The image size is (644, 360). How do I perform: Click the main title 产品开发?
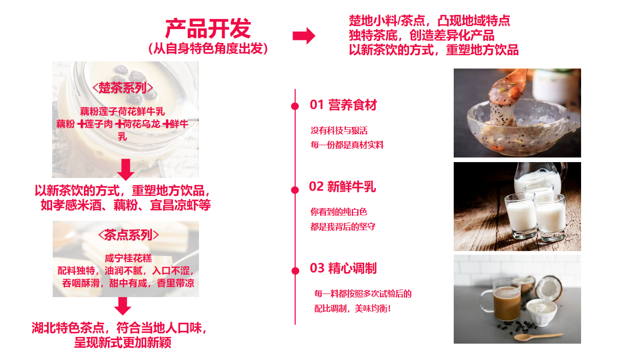click(208, 29)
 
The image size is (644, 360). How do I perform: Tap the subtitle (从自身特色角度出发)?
click(208, 49)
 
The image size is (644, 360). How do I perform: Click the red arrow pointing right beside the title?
click(304, 36)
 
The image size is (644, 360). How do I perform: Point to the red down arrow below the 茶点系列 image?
click(123, 306)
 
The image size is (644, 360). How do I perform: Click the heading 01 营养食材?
click(343, 105)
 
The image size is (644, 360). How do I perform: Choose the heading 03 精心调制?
click(343, 268)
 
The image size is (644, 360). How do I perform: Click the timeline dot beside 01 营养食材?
click(295, 106)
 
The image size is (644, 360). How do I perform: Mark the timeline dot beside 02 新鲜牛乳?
click(295, 190)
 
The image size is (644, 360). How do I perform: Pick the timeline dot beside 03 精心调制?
click(295, 271)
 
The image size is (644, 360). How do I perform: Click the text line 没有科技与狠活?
click(339, 130)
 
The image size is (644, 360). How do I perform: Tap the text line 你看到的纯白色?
click(339, 212)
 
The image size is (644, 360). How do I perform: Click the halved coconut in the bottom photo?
click(549, 287)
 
